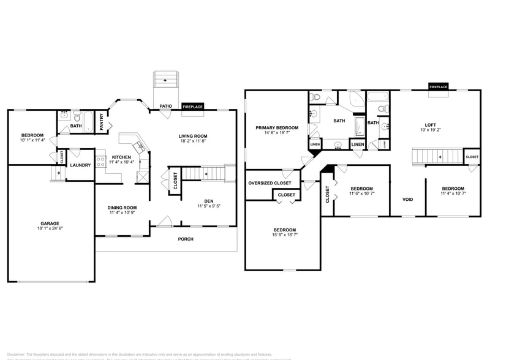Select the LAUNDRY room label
80,165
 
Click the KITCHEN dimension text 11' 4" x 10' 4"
121,162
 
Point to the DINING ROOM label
123,208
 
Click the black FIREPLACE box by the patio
192,107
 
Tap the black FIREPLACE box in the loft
438,87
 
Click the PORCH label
186,239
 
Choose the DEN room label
208,201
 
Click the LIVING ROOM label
193,136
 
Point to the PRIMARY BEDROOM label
277,127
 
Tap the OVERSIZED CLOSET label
270,182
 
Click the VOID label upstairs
407,200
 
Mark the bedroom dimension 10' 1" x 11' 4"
32,140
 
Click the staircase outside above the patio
165,80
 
